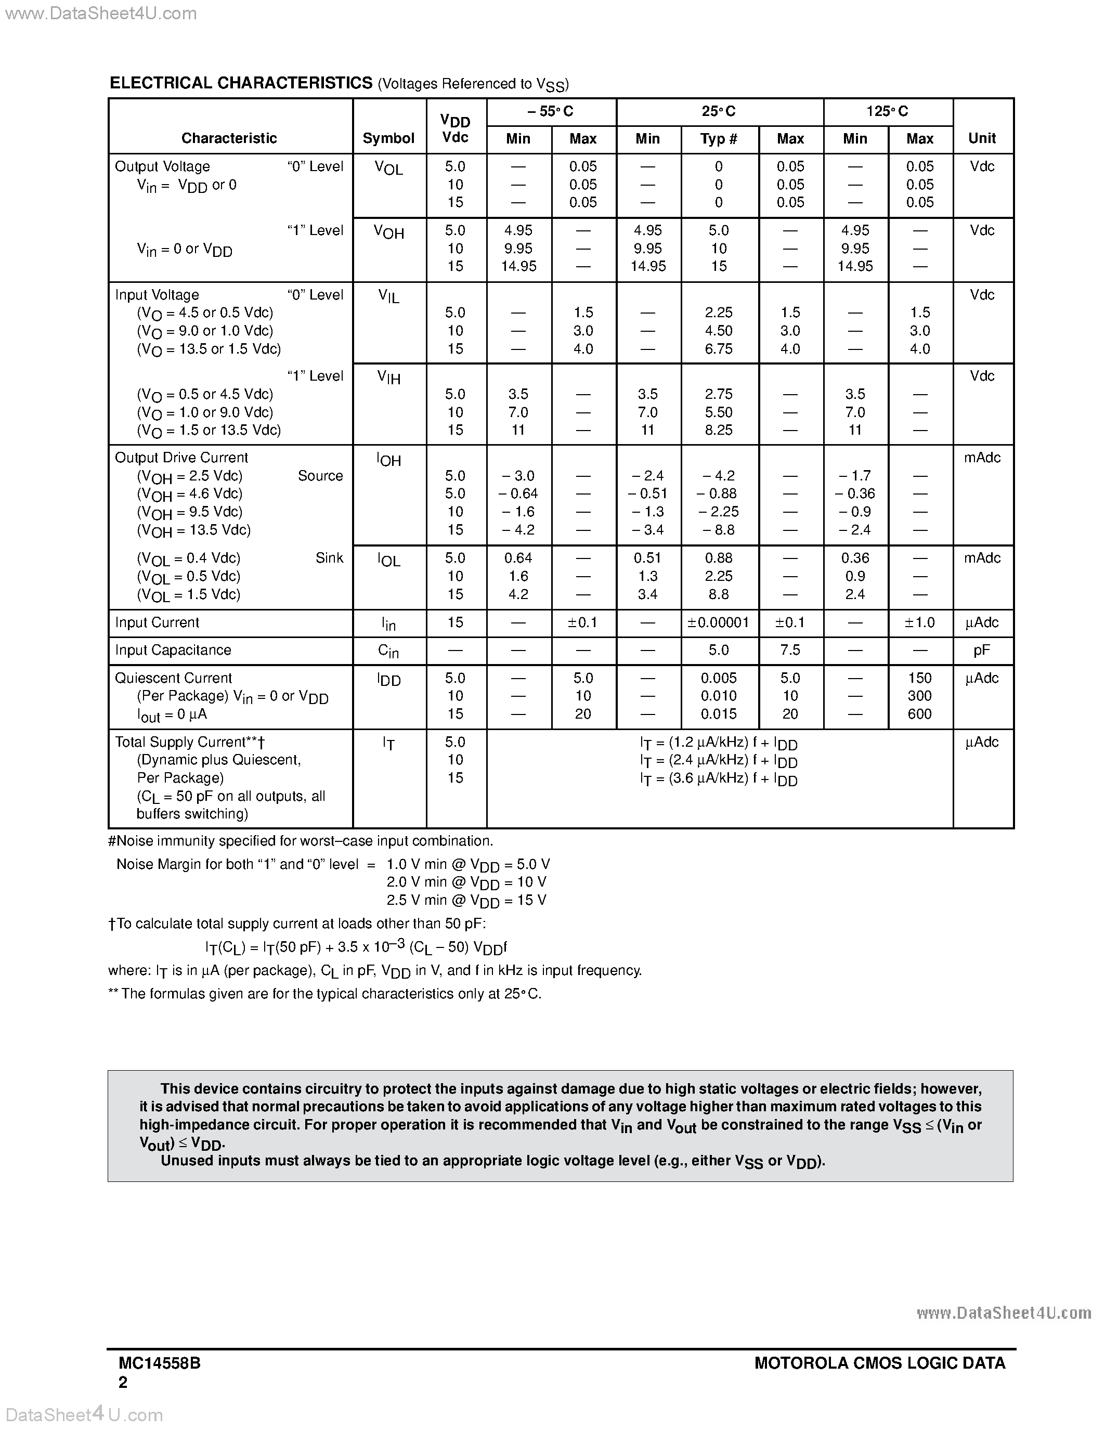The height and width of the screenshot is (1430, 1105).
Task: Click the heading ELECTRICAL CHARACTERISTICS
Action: click(241, 83)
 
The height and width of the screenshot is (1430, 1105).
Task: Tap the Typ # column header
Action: click(718, 139)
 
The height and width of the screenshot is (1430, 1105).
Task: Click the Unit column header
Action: click(981, 138)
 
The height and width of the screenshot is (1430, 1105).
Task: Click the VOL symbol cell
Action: click(388, 168)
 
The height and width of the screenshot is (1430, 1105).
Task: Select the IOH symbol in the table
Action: click(388, 460)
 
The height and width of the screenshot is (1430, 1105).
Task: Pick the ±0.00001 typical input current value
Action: click(718, 622)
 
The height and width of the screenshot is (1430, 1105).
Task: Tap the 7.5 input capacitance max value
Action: click(789, 650)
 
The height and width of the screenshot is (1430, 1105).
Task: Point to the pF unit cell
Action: click(981, 650)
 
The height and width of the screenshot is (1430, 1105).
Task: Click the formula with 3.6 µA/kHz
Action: click(718, 779)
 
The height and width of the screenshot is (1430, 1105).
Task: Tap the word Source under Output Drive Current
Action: click(320, 476)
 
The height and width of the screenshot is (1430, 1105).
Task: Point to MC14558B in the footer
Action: click(159, 1363)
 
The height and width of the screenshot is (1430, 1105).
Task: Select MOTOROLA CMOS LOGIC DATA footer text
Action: click(879, 1363)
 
